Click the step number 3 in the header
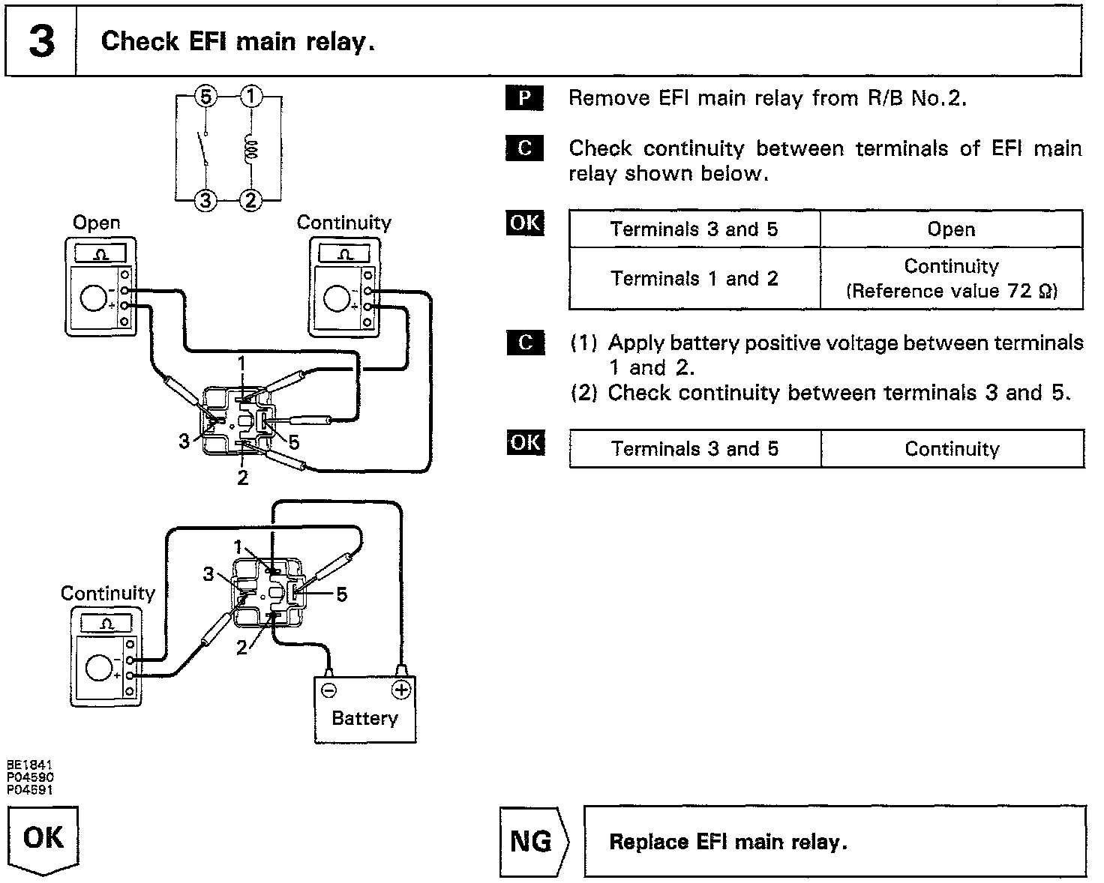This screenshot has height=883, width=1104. (x=41, y=42)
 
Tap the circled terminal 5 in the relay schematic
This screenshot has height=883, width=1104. (x=207, y=97)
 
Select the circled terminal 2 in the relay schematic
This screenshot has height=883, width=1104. (x=251, y=200)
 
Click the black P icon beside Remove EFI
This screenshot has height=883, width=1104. (x=525, y=98)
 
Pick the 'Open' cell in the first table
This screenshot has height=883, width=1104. (x=951, y=229)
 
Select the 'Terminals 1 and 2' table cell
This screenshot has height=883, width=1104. (x=694, y=279)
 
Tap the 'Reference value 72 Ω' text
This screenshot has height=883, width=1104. (x=952, y=291)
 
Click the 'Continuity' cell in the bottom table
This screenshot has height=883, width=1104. (x=952, y=449)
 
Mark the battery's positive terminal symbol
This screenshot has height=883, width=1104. (x=402, y=689)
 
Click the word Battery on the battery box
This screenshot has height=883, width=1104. (x=364, y=718)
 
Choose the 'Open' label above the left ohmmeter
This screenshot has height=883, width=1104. (x=96, y=223)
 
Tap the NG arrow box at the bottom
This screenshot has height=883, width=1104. (x=533, y=841)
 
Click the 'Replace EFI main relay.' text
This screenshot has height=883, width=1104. (x=727, y=842)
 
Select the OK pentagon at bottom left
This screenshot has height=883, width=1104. (x=43, y=838)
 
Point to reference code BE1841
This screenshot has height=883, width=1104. (x=30, y=765)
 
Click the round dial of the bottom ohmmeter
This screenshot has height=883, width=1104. (x=100, y=666)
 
